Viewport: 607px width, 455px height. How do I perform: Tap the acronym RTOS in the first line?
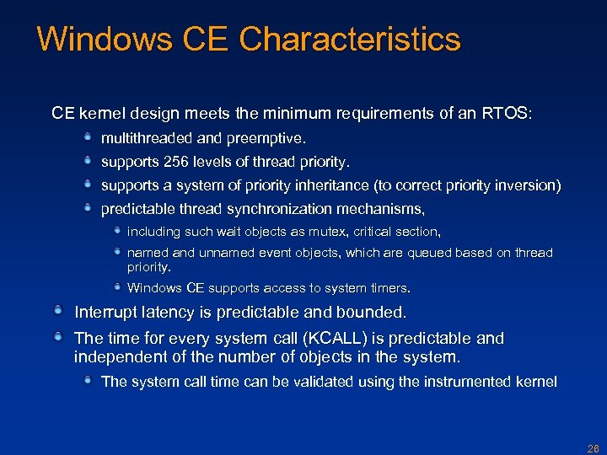pyautogui.click(x=507, y=113)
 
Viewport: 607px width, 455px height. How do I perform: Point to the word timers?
pyautogui.click(x=389, y=288)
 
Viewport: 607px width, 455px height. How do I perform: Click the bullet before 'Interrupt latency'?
pyautogui.click(x=56, y=312)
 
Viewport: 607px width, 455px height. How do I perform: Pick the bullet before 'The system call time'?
pyautogui.click(x=88, y=381)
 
